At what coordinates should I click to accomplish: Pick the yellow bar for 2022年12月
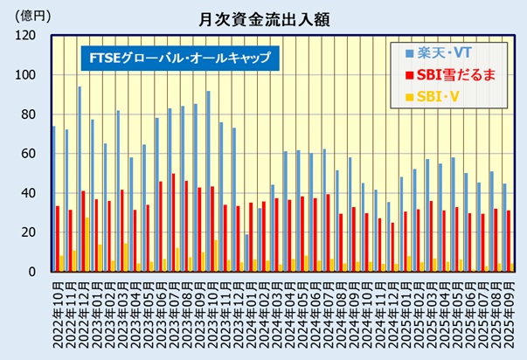[87, 245]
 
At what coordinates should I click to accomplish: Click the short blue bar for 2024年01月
[247, 253]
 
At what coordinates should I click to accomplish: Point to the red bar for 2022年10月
[58, 239]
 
